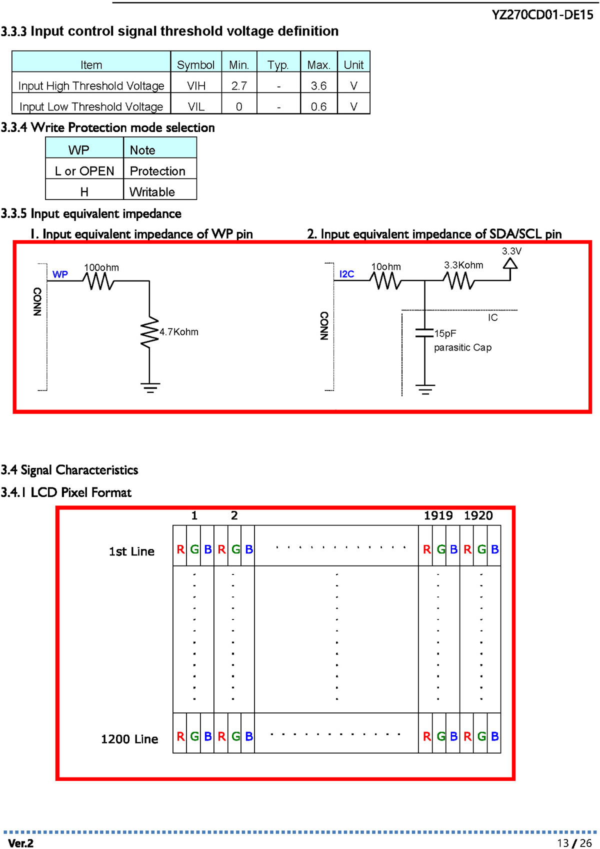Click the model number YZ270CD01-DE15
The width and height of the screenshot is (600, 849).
542,15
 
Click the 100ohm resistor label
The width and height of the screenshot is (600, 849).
101,267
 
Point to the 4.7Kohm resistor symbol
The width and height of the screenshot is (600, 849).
149,332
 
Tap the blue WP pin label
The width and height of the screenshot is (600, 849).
60,274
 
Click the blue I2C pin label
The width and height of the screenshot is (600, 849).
346,273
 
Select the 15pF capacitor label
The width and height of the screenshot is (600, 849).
445,333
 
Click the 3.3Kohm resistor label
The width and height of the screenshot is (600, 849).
463,265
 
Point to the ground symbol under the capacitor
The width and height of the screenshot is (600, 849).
425,389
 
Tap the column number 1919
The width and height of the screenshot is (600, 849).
438,515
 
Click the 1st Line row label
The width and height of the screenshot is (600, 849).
131,551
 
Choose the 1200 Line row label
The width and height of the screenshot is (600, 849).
129,738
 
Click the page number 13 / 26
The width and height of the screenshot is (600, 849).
574,843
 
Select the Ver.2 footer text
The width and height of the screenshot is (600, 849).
20,843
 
